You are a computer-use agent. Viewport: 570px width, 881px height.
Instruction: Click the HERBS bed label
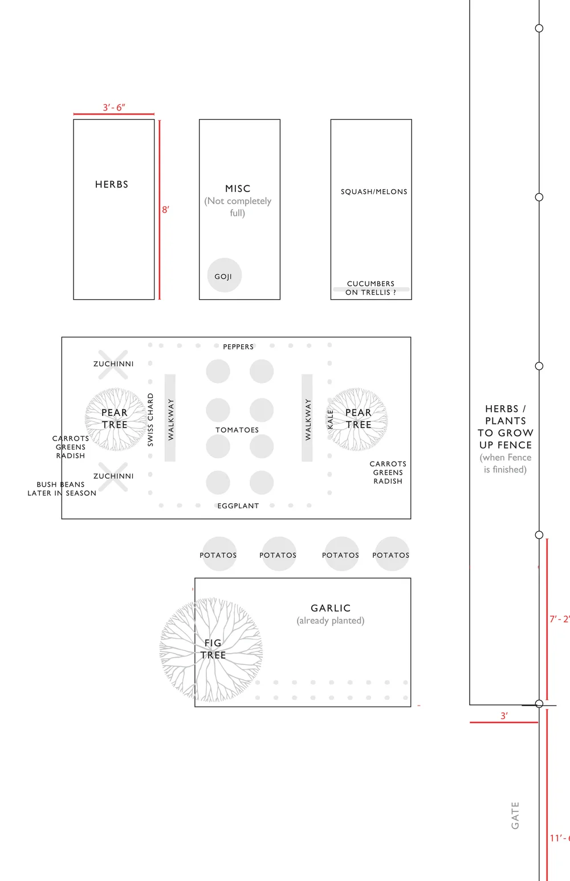(112, 185)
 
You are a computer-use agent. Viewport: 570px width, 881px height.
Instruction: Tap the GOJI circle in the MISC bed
(224, 276)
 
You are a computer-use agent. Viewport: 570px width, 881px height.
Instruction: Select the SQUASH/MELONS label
(374, 192)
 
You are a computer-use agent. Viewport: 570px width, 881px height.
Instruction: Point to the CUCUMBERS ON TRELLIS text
(370, 288)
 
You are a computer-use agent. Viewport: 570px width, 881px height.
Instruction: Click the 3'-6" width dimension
(114, 108)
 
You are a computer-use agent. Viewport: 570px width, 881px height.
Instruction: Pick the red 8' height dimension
(165, 210)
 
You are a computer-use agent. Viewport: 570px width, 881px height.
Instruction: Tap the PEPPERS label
(238, 346)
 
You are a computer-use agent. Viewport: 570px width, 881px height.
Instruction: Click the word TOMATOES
(237, 430)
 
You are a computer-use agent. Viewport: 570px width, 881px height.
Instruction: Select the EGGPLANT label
(238, 505)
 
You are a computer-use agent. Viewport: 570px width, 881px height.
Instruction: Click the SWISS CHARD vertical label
(150, 419)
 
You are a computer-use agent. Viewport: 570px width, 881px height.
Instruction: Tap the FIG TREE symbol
(211, 649)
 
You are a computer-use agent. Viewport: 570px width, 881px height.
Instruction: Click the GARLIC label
(331, 608)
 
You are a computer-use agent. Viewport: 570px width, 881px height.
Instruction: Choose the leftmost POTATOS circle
(218, 554)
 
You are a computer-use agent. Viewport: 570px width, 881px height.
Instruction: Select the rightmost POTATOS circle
(391, 554)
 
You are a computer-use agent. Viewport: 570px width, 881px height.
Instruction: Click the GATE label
(515, 815)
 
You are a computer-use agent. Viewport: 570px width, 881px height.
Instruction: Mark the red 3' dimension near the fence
(504, 716)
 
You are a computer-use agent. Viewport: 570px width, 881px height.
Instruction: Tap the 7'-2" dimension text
(559, 619)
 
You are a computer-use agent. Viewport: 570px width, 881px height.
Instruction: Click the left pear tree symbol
(115, 419)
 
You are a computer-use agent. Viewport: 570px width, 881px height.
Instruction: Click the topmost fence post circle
(539, 28)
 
